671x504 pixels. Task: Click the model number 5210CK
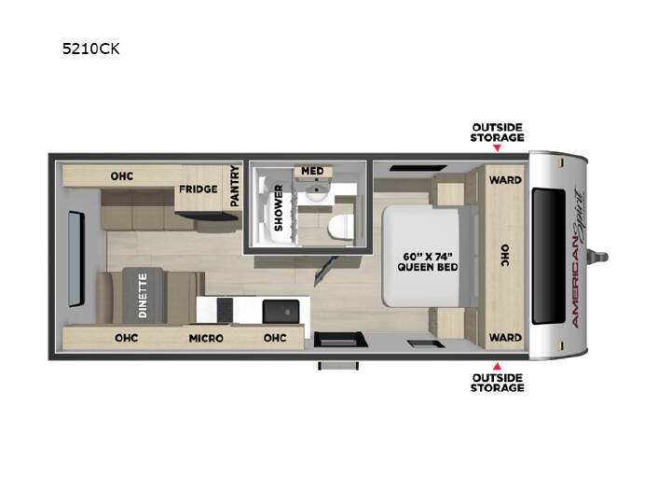click(90, 49)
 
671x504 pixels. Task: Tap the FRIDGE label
click(199, 189)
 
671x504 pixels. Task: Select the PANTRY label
click(235, 186)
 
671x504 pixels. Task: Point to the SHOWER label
click(279, 208)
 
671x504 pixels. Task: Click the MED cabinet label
click(312, 171)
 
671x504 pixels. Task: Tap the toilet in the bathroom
click(341, 226)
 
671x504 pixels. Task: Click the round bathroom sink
click(316, 197)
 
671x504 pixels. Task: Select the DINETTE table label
click(143, 295)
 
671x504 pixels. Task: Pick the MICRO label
click(206, 338)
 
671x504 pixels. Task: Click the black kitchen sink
click(281, 311)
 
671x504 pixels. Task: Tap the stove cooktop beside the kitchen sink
click(226, 310)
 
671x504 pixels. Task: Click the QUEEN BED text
click(428, 267)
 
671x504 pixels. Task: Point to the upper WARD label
click(505, 180)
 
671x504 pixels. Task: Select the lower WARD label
click(505, 338)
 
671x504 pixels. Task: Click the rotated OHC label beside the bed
click(505, 256)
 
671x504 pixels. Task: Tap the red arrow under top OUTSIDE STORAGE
click(498, 147)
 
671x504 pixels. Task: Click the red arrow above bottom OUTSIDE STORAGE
click(498, 367)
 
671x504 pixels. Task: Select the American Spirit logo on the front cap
click(579, 258)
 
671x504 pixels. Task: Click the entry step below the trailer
click(338, 365)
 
